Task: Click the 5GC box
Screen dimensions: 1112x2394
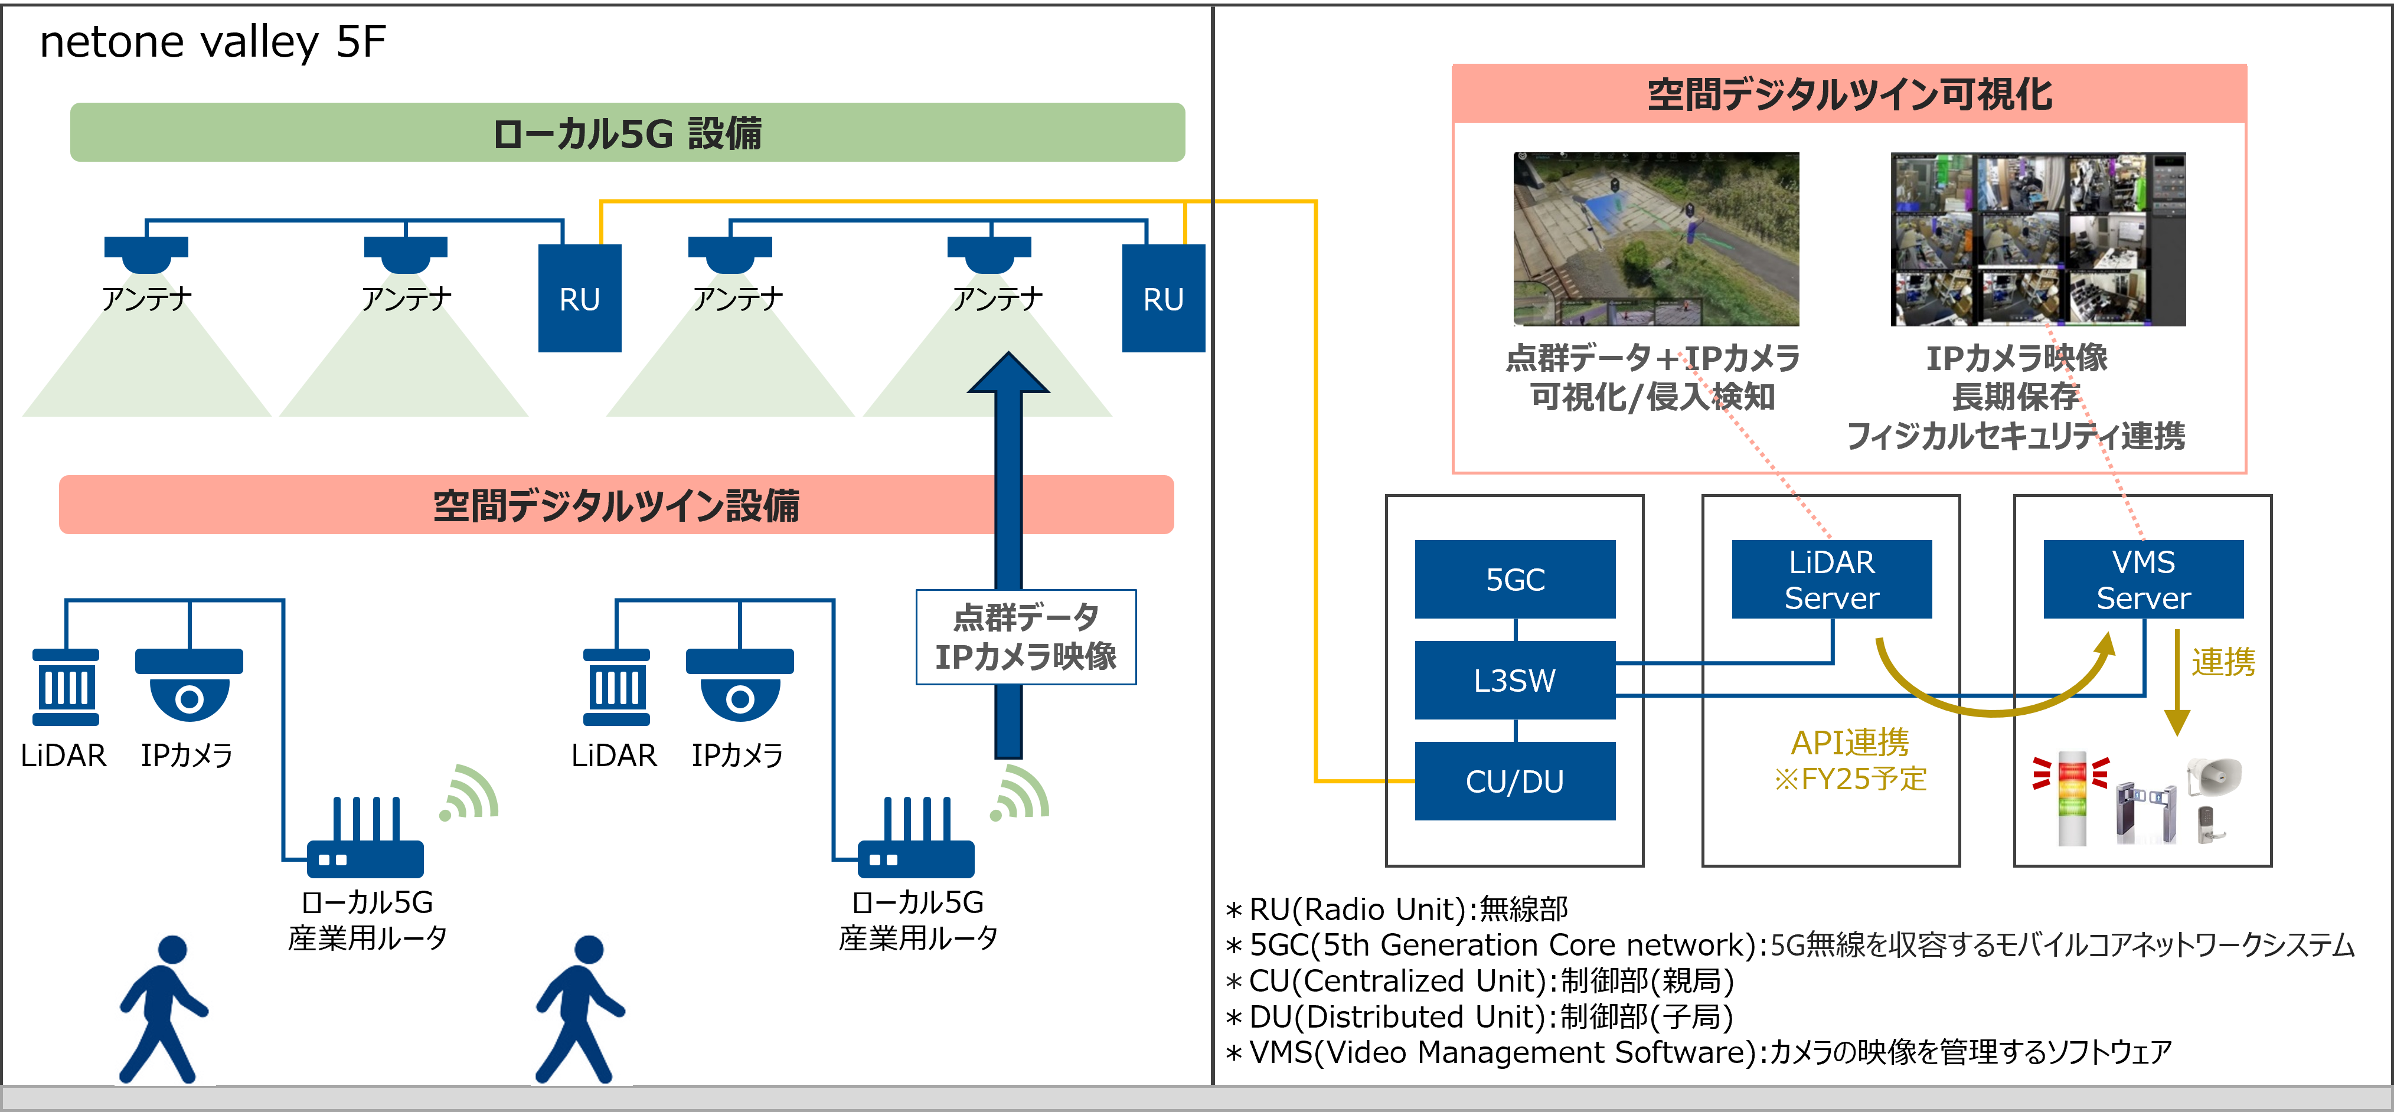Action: [1515, 579]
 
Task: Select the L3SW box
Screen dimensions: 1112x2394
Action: [1515, 680]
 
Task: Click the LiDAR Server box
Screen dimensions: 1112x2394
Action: [1831, 579]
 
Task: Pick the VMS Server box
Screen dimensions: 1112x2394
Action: [2143, 579]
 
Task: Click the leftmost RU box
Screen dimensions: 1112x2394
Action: [579, 298]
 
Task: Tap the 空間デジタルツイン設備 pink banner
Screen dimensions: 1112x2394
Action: [616, 505]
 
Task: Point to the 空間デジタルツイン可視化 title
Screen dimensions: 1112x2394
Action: [1850, 94]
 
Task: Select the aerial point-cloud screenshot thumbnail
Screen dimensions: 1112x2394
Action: [1656, 240]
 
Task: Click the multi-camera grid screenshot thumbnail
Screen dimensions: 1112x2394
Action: [2038, 240]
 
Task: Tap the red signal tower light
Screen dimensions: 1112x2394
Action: [2072, 797]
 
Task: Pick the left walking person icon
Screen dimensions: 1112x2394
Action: [165, 1008]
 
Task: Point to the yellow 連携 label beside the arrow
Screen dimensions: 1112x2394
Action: [2223, 662]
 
